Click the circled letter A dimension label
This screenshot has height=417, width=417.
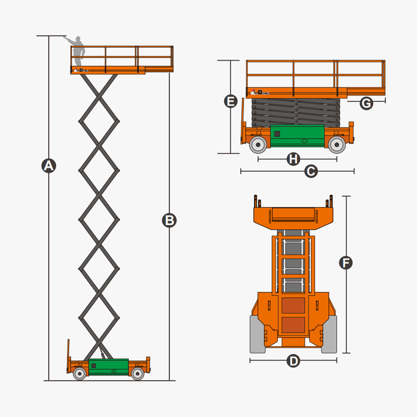coord(49,166)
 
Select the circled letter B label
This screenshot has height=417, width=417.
coord(169,221)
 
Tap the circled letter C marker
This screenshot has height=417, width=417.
coord(311,171)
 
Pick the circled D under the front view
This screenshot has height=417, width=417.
coord(294,361)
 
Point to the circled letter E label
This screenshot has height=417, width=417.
coord(231,102)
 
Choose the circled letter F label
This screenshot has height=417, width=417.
coord(346,263)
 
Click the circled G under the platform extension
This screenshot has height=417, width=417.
coord(366,103)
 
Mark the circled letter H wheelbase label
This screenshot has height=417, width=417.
coord(294,159)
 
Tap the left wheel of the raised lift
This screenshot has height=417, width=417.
coord(80,374)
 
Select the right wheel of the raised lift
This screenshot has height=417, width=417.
coord(138,374)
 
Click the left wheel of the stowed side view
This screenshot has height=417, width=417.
coord(258,145)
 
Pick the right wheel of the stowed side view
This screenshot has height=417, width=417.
coord(337,145)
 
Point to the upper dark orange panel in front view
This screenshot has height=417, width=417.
coord(293,306)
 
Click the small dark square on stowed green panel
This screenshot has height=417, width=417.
coord(277,134)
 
